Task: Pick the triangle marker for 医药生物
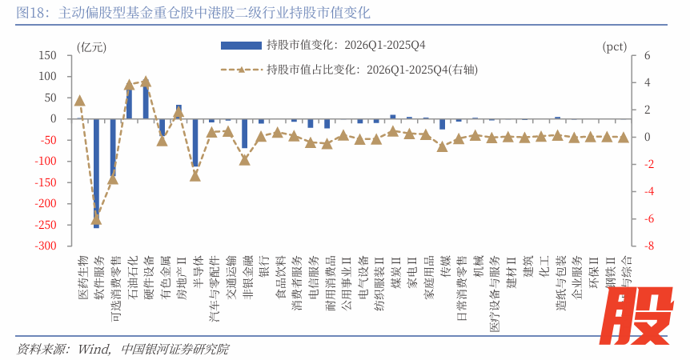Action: click(80, 101)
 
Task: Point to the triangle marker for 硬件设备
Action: click(146, 82)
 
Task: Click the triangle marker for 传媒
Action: click(443, 146)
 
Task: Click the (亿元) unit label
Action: click(90, 46)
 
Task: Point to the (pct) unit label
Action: click(614, 46)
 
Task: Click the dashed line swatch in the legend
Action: click(241, 69)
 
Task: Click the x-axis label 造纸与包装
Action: click(560, 277)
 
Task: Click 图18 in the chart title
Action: click(33, 14)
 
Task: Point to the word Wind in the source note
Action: click(94, 349)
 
